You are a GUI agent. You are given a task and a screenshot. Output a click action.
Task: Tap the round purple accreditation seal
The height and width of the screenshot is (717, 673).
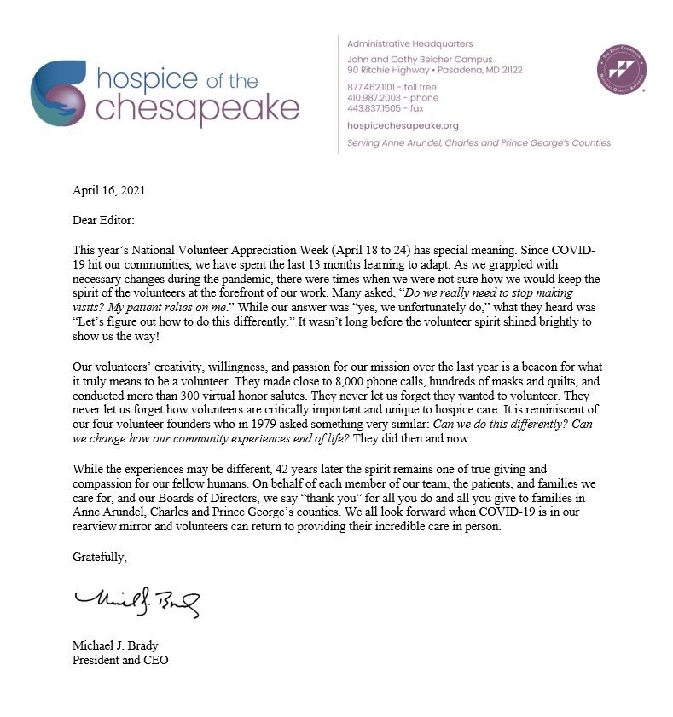(620, 69)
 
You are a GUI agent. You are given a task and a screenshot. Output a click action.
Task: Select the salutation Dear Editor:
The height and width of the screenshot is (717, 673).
(103, 220)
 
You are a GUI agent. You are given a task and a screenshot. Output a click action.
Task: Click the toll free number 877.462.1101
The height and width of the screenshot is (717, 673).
(368, 87)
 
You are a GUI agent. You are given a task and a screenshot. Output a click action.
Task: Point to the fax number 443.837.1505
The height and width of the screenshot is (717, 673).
(368, 107)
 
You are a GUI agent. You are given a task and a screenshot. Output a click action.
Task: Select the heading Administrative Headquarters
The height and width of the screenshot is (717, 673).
(409, 43)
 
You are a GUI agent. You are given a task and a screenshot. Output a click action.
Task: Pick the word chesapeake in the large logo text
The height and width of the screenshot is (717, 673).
(197, 108)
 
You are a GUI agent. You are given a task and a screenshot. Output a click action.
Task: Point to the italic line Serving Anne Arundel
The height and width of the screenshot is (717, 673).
(479, 143)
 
